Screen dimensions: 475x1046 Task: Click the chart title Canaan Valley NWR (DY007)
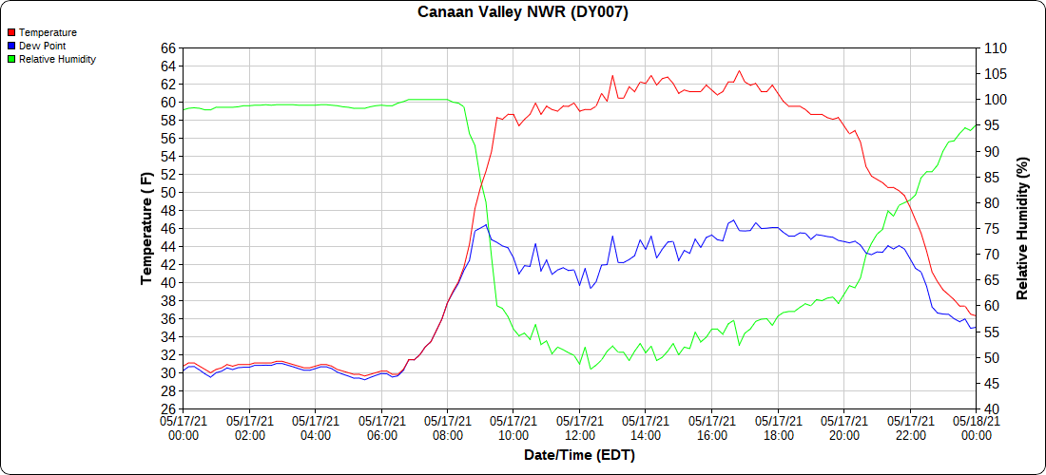pyautogui.click(x=523, y=12)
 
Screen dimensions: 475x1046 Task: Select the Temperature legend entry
pyautogui.click(x=48, y=32)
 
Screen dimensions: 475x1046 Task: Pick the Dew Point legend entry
pyautogui.click(x=42, y=46)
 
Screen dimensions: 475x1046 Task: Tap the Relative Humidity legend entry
pyautogui.click(x=57, y=59)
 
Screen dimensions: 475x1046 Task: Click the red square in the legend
pyautogui.click(x=11, y=32)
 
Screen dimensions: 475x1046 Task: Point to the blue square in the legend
pyautogui.click(x=11, y=46)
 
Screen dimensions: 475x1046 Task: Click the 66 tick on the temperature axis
pyautogui.click(x=168, y=48)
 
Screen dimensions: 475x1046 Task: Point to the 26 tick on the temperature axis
pyautogui.click(x=168, y=409)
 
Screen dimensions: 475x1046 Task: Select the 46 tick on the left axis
pyautogui.click(x=168, y=229)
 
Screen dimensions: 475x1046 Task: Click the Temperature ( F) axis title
pyautogui.click(x=146, y=228)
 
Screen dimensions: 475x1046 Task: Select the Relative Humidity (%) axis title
pyautogui.click(x=1023, y=228)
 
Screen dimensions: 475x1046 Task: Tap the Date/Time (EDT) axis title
pyautogui.click(x=579, y=455)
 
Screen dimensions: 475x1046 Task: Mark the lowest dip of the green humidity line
pyautogui.click(x=591, y=369)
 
